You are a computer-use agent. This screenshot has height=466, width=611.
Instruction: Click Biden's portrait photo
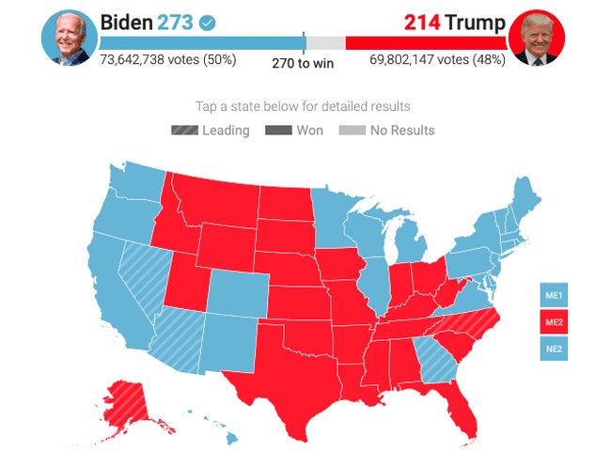click(69, 38)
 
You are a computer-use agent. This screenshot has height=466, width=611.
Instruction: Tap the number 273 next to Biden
click(175, 21)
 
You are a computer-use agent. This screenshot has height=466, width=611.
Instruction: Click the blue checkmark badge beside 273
click(208, 21)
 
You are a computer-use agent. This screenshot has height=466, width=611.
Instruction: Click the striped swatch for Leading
click(184, 131)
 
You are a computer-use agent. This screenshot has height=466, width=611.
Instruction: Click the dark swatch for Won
click(278, 131)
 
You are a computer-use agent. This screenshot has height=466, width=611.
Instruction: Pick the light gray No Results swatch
click(352, 131)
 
